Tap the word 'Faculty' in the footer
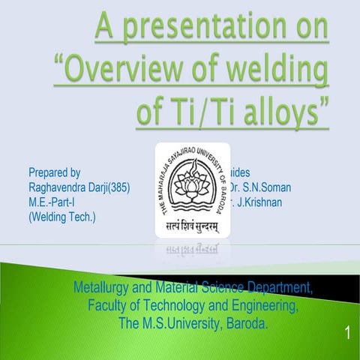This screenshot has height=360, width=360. coord(109,306)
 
